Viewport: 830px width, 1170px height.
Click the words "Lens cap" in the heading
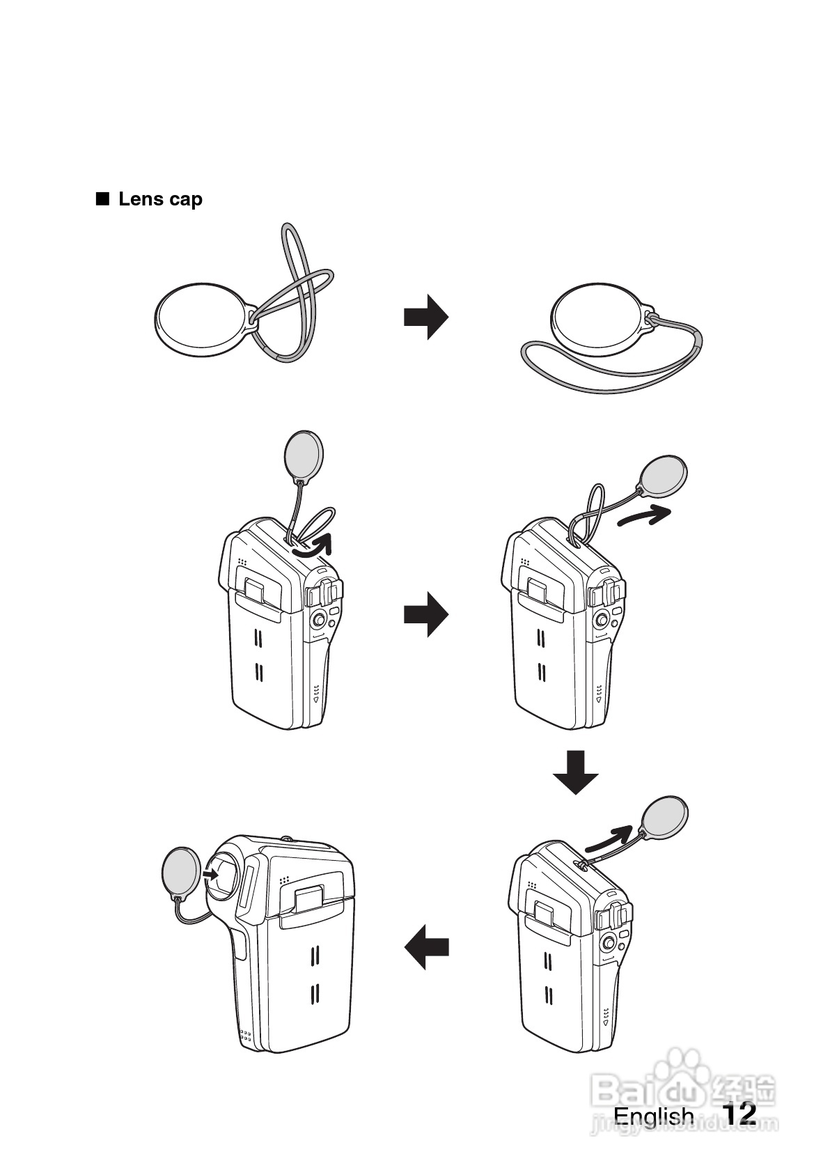click(160, 199)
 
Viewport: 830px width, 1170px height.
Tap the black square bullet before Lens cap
click(103, 199)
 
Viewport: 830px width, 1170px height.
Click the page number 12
click(739, 1113)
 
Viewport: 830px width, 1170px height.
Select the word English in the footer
click(653, 1116)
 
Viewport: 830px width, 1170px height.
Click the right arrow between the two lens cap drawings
click(425, 317)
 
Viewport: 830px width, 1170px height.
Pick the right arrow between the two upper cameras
click(425, 614)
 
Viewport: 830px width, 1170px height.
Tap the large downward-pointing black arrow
click(576, 772)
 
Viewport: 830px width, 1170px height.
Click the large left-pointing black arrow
click(426, 948)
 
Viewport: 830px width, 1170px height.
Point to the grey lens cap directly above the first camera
click(304, 455)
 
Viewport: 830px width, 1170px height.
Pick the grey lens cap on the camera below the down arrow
click(664, 817)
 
